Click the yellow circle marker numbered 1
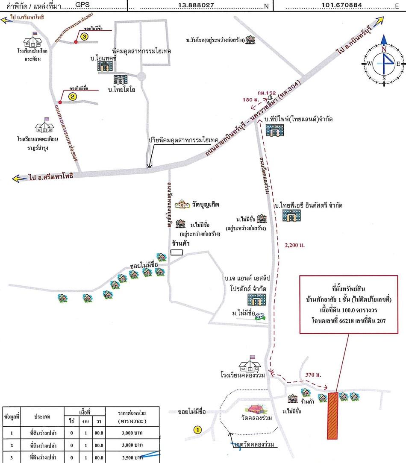coord(197,430)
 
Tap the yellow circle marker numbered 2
coord(73,97)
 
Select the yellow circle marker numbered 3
coord(84,37)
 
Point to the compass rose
coord(384,63)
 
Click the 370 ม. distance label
coord(313,375)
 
